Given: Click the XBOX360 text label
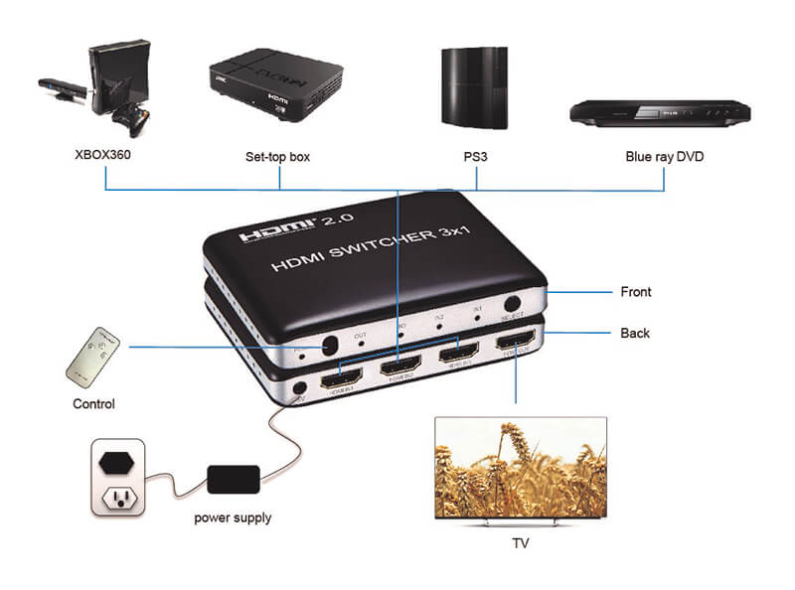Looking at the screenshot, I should click(103, 156).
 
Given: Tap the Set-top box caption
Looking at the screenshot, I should click(278, 156).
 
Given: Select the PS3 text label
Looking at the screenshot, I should click(476, 156).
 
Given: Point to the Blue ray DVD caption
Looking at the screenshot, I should click(665, 156).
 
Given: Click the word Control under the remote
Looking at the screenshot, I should click(94, 404).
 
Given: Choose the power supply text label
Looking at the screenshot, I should click(233, 517).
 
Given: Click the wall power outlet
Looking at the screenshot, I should click(118, 479).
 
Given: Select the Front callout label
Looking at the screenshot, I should click(635, 292).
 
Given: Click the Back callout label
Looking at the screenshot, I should click(635, 333).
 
